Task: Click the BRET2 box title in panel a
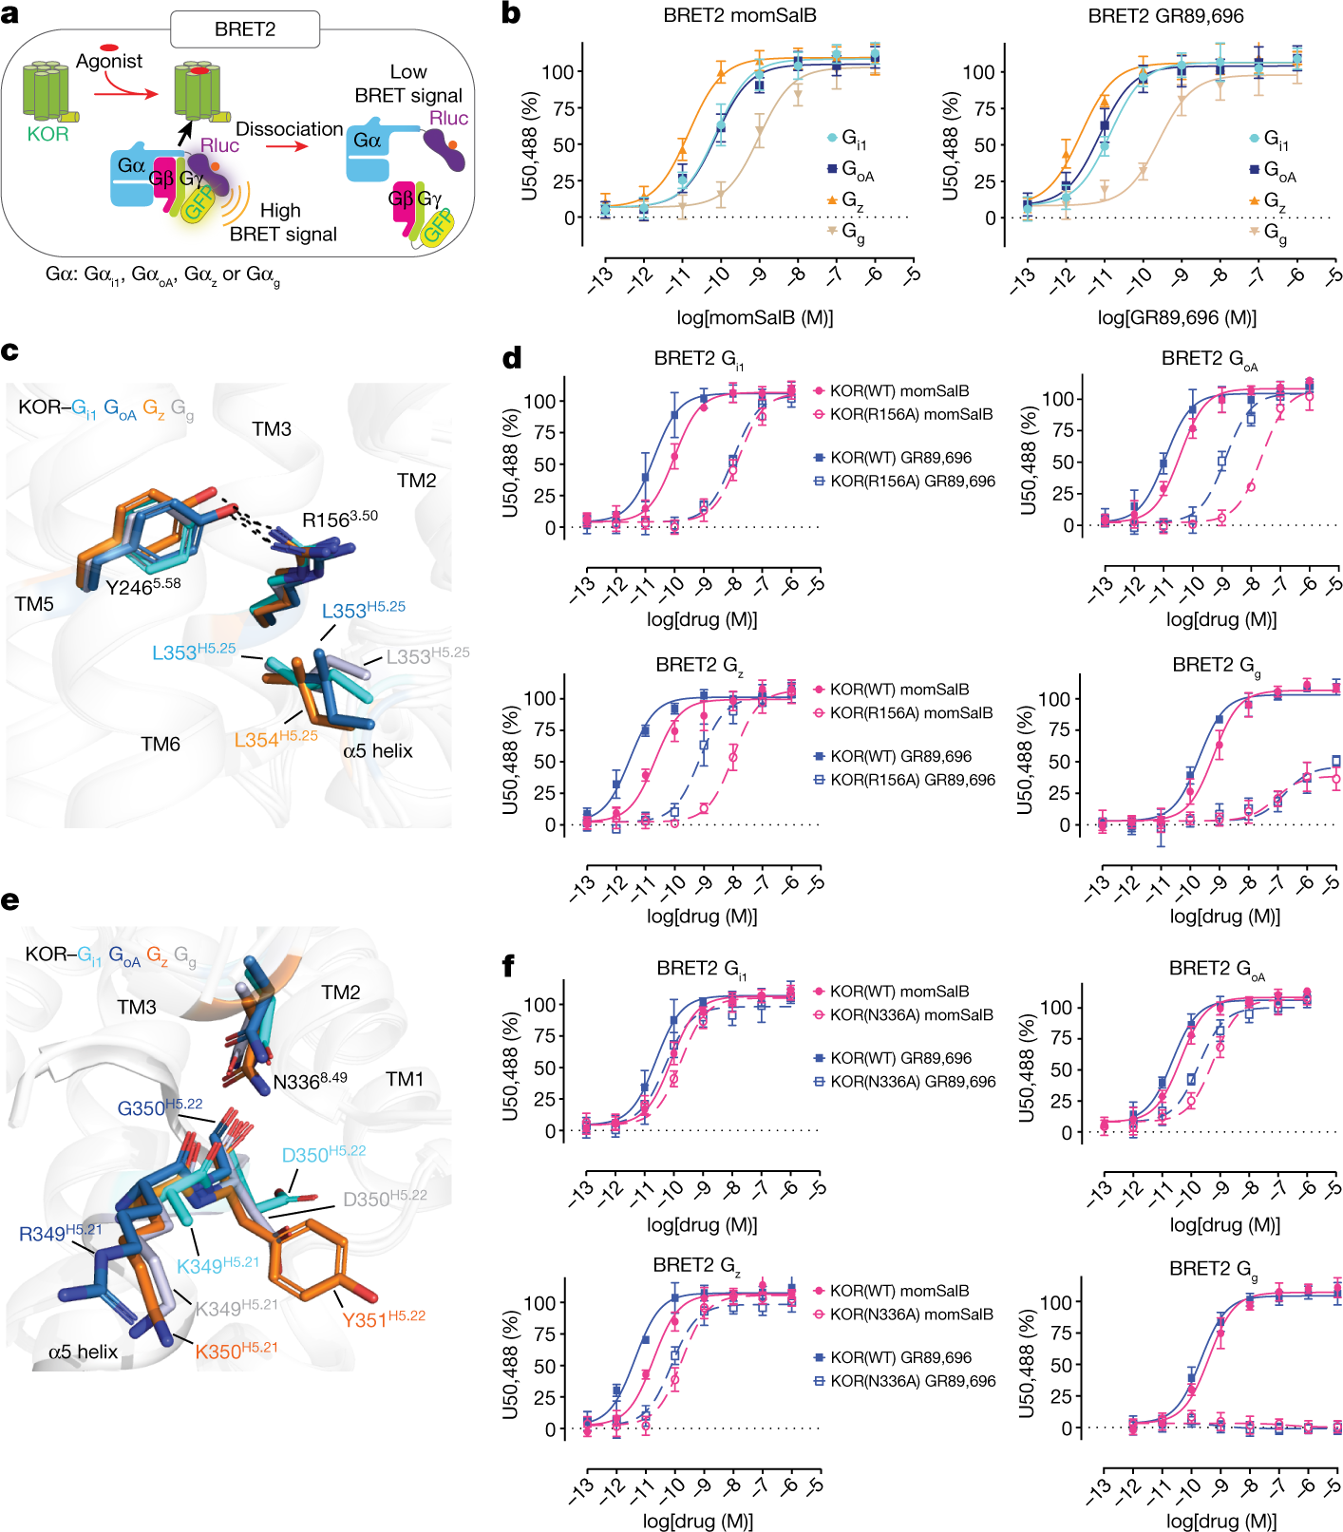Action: click(x=244, y=29)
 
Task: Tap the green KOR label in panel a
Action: click(x=47, y=134)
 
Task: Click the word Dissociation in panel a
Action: click(x=289, y=129)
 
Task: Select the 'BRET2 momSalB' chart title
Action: click(x=739, y=15)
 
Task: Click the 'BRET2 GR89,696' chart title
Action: click(x=1165, y=15)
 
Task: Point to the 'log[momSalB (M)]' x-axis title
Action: click(x=754, y=317)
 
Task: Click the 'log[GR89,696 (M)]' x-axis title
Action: click(x=1177, y=317)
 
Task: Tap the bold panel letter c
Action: click(x=10, y=351)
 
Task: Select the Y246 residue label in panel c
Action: click(x=142, y=587)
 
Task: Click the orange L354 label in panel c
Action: click(x=275, y=739)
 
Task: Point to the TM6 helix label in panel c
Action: click(x=161, y=744)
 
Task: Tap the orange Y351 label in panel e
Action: click(x=383, y=1319)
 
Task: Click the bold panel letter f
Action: click(x=509, y=966)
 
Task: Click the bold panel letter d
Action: click(x=511, y=358)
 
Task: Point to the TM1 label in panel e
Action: click(x=405, y=1079)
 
